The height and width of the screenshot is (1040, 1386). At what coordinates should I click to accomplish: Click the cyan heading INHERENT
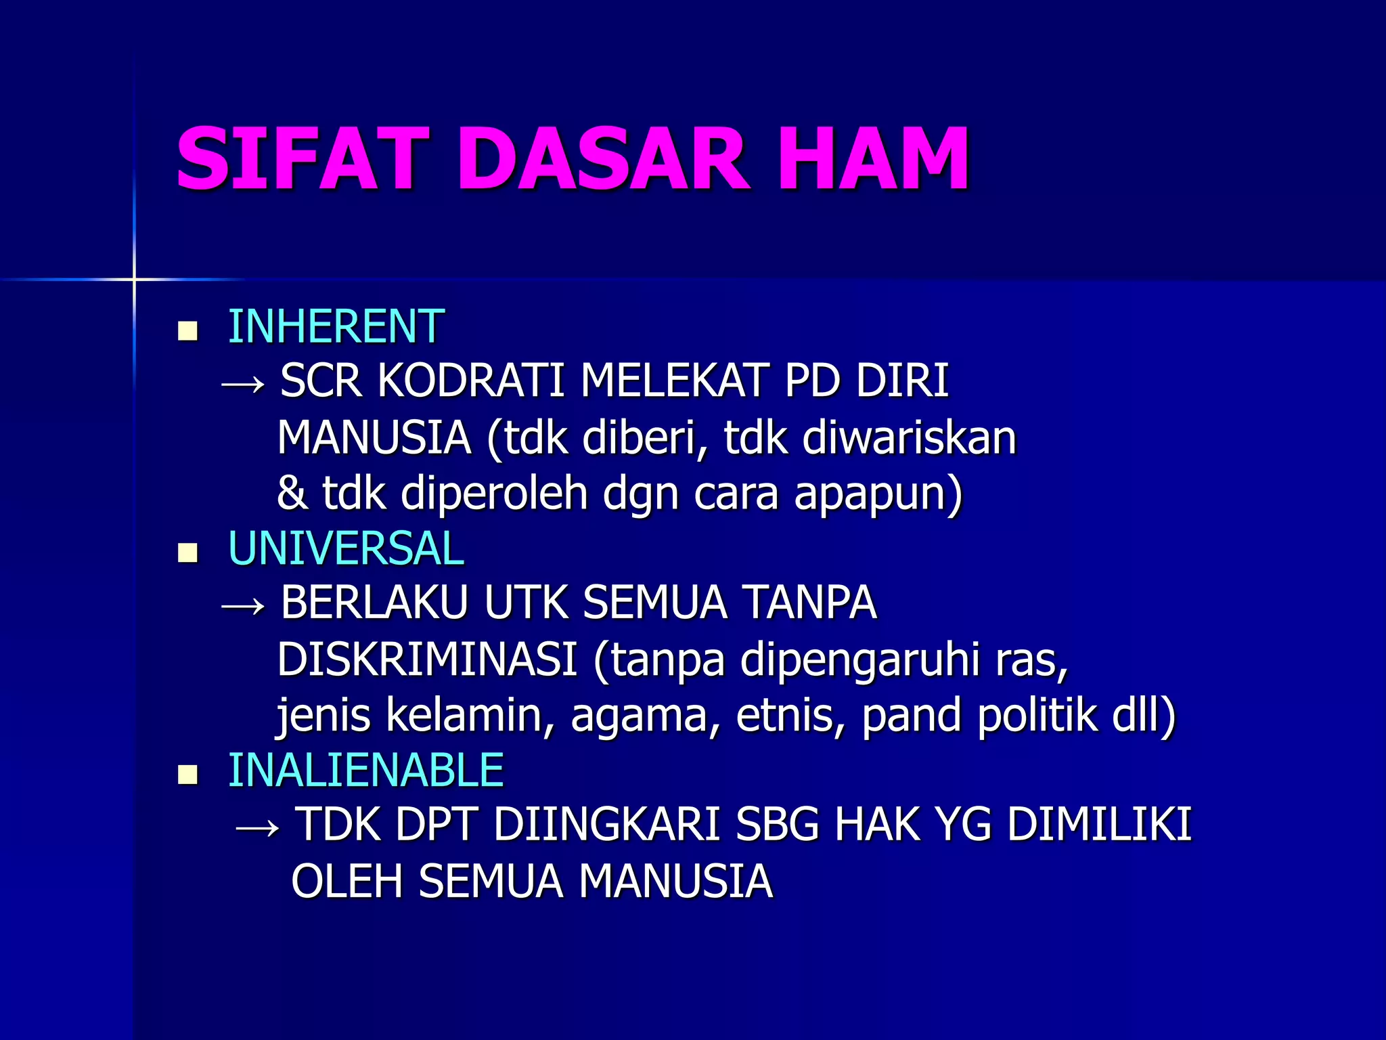point(336,326)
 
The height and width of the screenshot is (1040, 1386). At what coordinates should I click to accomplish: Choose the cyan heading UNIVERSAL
point(346,548)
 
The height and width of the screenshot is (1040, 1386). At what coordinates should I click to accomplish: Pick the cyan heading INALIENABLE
point(365,771)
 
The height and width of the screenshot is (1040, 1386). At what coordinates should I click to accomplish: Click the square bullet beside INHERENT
point(187,331)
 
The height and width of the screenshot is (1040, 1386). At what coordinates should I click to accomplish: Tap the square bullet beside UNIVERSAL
point(187,553)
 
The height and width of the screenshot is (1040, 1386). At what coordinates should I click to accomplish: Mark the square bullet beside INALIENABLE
point(187,775)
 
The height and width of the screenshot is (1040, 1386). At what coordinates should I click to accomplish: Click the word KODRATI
point(470,381)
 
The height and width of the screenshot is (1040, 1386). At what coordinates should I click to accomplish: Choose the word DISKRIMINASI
point(427,659)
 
